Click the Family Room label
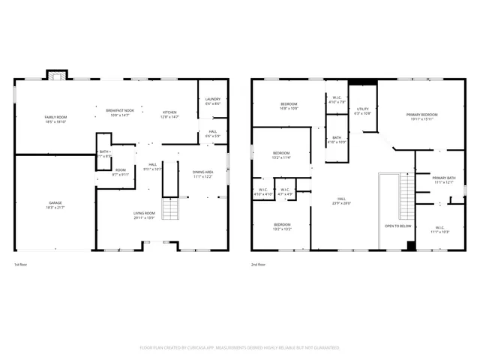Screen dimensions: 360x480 pyautogui.click(x=55, y=119)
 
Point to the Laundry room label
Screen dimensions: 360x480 pyautogui.click(x=212, y=101)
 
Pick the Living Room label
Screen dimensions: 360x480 pyautogui.click(x=144, y=215)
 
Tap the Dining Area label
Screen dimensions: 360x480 pyautogui.click(x=202, y=174)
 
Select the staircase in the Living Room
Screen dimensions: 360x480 pyautogui.click(x=171, y=208)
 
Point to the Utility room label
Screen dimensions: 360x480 pyautogui.click(x=363, y=110)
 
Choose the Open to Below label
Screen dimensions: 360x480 pyautogui.click(x=397, y=225)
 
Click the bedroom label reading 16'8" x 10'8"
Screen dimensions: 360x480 pyautogui.click(x=289, y=106)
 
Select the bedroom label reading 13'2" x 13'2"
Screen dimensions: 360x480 pyautogui.click(x=282, y=226)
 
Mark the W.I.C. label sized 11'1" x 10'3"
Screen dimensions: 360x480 pyautogui.click(x=439, y=229)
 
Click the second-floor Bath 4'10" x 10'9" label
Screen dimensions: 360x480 pyautogui.click(x=336, y=139)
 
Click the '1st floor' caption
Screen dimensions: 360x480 pyautogui.click(x=20, y=265)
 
